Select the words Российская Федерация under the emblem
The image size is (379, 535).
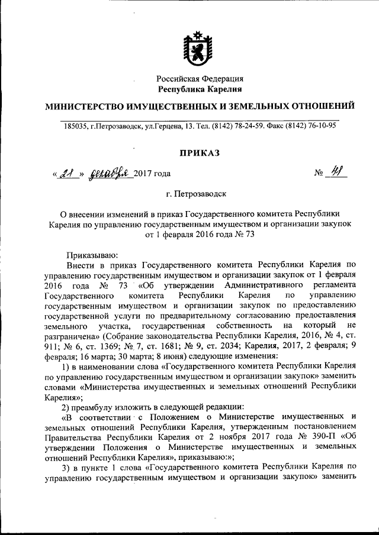point(200,79)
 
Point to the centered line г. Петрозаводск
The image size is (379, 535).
point(200,193)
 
